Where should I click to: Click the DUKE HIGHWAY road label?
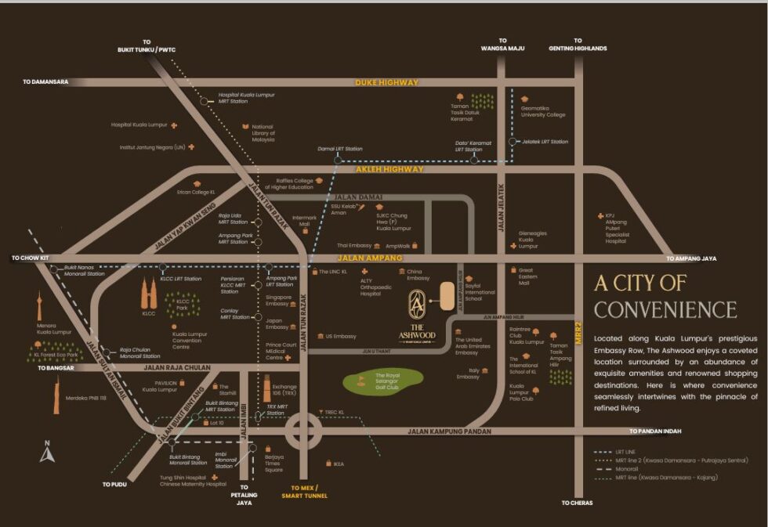tap(386, 82)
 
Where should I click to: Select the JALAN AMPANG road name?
tap(370, 258)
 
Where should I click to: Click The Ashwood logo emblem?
tap(418, 301)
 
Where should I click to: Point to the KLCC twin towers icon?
tap(149, 294)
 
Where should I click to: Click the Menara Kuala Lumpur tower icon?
tap(38, 305)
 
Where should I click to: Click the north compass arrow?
tap(45, 453)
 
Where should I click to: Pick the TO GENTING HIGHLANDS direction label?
tap(578, 45)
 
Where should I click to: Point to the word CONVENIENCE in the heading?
tap(665, 309)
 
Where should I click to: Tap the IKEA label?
tap(338, 464)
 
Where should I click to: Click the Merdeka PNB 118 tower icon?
tap(57, 395)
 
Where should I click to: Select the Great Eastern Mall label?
tap(530, 276)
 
